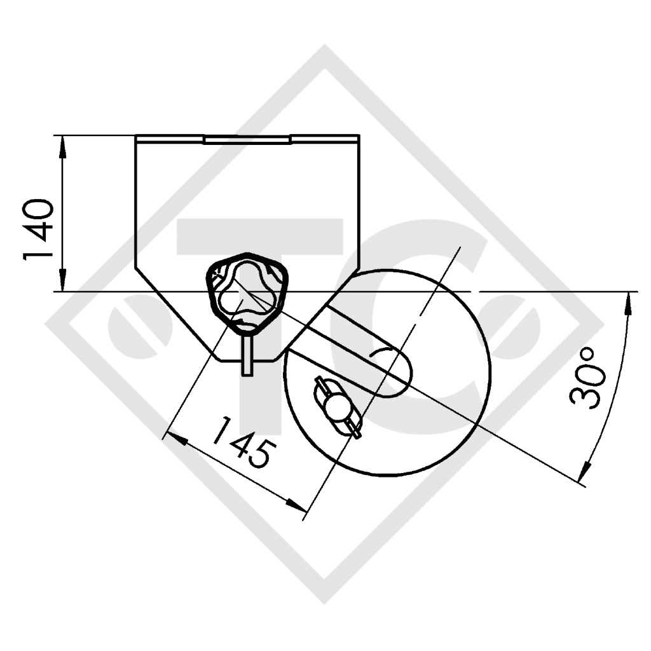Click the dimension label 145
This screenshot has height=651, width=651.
click(x=243, y=442)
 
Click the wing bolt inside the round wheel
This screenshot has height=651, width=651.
click(x=338, y=406)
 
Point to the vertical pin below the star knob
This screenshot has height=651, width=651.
click(x=247, y=355)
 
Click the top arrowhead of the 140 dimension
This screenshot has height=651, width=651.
click(x=62, y=147)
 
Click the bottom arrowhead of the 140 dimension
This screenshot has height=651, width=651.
click(x=62, y=280)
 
